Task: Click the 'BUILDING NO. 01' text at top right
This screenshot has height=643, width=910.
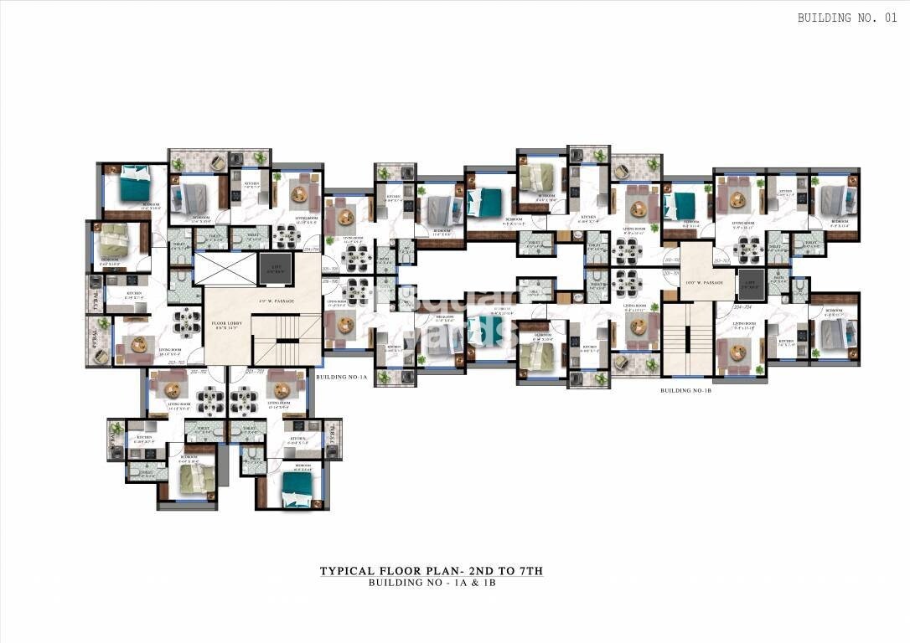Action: click(849, 18)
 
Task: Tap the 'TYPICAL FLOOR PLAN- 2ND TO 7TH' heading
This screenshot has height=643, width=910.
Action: click(432, 571)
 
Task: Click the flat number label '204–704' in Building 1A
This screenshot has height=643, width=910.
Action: click(312, 249)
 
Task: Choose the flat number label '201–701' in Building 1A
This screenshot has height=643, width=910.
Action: click(255, 370)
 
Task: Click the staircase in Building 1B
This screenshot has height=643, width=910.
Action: click(686, 339)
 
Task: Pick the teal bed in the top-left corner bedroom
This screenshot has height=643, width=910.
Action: click(132, 186)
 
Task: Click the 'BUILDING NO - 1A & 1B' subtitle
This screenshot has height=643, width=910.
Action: click(432, 583)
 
